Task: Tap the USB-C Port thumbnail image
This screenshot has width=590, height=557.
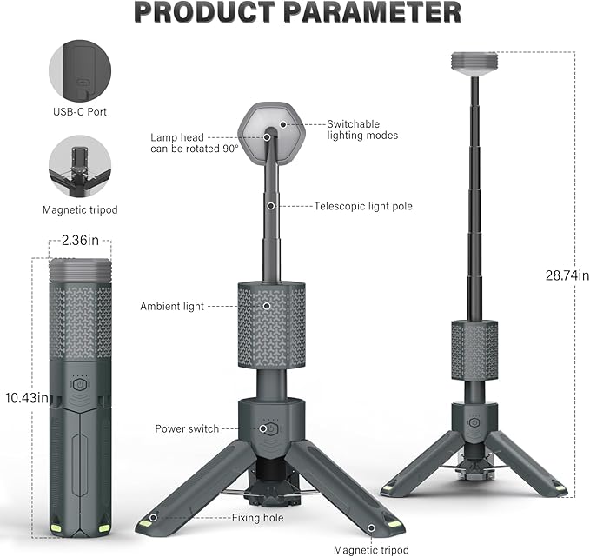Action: (x=79, y=72)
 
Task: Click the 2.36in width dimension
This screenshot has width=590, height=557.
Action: (x=79, y=242)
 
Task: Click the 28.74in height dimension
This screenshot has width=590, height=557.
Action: (x=566, y=275)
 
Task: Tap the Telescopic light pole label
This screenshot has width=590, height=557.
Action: (x=363, y=206)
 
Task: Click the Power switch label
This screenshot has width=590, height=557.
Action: (x=187, y=428)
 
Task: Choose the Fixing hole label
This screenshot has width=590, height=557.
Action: (x=257, y=518)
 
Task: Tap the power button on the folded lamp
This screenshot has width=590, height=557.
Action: (x=79, y=383)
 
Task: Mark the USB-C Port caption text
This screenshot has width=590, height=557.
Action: (x=79, y=112)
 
